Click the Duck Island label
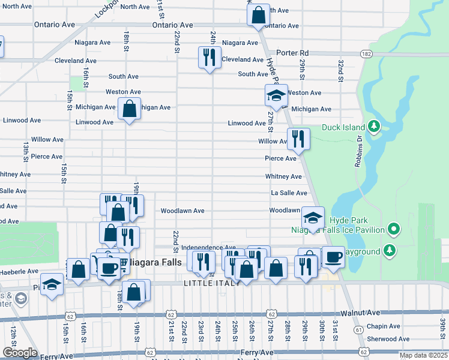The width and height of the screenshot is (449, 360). pyautogui.click(x=343, y=127)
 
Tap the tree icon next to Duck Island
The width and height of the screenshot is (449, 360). pyautogui.click(x=374, y=127)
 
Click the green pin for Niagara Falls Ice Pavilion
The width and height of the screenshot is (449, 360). pyautogui.click(x=394, y=229)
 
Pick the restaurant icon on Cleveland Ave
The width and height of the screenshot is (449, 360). pyautogui.click(x=208, y=58)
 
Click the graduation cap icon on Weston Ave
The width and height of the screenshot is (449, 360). pyautogui.click(x=276, y=95)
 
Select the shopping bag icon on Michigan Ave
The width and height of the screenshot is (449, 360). pyautogui.click(x=129, y=109)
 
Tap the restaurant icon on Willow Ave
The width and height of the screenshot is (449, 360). pyautogui.click(x=298, y=139)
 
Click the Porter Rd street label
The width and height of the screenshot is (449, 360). pyautogui.click(x=293, y=53)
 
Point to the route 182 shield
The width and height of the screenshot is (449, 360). pyautogui.click(x=366, y=54)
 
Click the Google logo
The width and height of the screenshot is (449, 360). pyautogui.click(x=19, y=353)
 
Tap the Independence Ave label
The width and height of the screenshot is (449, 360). pyautogui.click(x=208, y=247)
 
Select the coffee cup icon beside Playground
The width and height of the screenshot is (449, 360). pyautogui.click(x=334, y=256)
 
